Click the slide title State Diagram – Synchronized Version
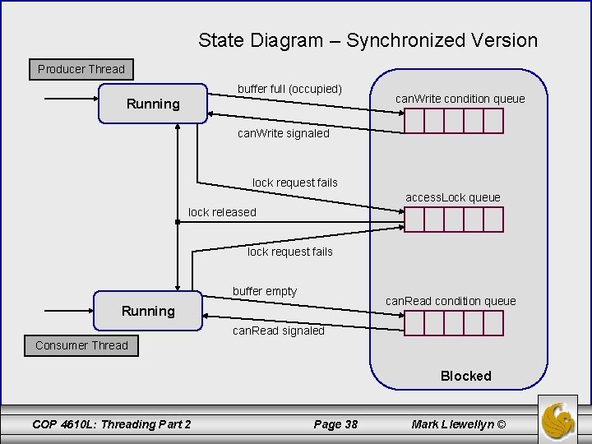click(368, 39)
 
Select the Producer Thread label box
click(81, 69)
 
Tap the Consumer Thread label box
click(81, 345)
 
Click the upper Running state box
click(152, 104)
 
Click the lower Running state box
click(148, 310)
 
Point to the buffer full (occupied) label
click(289, 88)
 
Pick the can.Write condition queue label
click(460, 99)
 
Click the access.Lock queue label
click(452, 197)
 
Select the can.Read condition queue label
click(451, 301)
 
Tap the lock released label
click(222, 212)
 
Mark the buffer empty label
click(265, 291)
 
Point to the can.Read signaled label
click(278, 331)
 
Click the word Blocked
click(465, 376)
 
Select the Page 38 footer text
click(335, 423)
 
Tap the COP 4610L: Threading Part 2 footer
click(111, 423)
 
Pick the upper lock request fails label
click(294, 183)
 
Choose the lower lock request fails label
click(289, 252)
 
